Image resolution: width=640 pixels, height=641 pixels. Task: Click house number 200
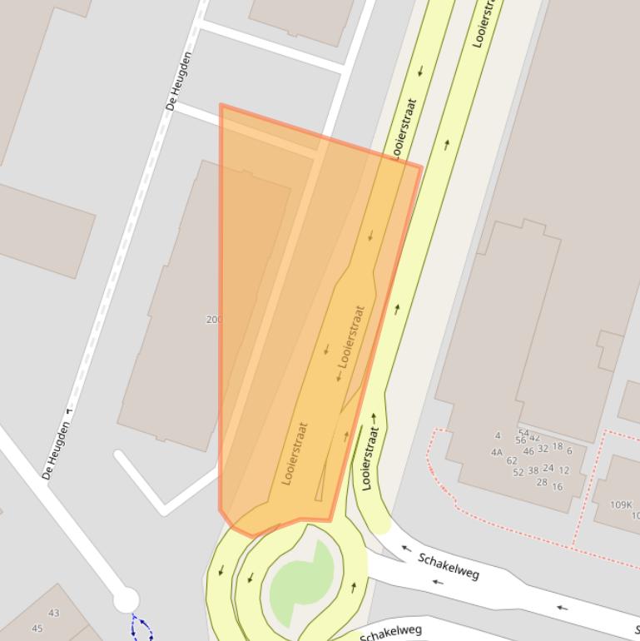(213, 320)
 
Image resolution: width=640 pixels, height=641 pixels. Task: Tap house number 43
(54, 614)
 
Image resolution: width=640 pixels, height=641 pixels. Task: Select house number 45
(37, 629)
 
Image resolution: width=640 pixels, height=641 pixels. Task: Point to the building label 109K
(621, 504)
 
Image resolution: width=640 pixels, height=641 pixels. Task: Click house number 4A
(497, 453)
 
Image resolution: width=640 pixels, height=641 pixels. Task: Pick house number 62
(512, 460)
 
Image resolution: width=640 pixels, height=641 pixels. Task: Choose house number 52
(518, 472)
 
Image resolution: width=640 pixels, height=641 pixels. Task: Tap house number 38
(533, 470)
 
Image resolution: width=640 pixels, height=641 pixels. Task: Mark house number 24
(548, 468)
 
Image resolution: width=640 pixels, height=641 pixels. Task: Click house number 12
(564, 470)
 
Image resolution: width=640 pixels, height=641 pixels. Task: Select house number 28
(542, 483)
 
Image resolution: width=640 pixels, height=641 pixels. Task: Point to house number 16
(558, 487)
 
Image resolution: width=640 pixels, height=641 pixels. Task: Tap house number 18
(558, 447)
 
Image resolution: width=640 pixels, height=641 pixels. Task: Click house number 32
(543, 449)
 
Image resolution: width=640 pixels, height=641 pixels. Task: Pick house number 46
(528, 451)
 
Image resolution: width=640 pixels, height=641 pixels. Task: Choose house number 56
(521, 440)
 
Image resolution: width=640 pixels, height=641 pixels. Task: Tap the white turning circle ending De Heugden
(126, 599)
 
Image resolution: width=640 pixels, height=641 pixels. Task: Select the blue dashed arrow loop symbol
(141, 629)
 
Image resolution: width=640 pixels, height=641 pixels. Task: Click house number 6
(569, 451)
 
